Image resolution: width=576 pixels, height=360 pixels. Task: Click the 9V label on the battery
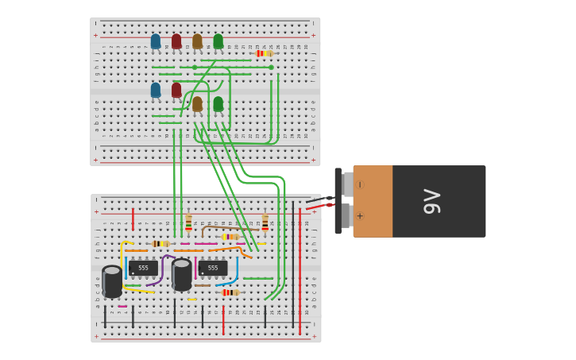[x=432, y=201]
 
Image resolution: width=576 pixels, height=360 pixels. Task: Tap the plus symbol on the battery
[x=360, y=216]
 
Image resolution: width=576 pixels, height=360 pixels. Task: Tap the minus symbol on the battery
[x=360, y=184]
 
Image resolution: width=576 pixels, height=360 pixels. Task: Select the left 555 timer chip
[x=142, y=268]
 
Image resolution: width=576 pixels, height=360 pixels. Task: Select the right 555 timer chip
[x=212, y=268]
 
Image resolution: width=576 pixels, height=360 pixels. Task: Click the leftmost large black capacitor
[x=112, y=281]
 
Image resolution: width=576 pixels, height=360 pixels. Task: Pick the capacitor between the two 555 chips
[x=182, y=274]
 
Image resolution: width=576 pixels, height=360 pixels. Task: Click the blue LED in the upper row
[x=156, y=41]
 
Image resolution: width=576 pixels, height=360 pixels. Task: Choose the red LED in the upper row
[x=176, y=41]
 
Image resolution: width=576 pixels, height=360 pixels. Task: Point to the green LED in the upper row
[x=218, y=41]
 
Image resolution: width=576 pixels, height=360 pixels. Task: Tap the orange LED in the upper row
[x=197, y=41]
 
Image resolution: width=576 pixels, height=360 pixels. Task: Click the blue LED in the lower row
[x=156, y=91]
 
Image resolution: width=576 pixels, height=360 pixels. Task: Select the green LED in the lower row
[x=218, y=104]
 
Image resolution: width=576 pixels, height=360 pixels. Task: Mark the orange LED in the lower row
[x=197, y=104]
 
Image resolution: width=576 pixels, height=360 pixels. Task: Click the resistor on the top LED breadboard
[x=264, y=53]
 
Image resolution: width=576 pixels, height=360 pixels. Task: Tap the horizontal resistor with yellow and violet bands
[x=230, y=237]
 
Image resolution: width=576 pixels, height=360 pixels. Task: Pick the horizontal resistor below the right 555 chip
[x=230, y=292]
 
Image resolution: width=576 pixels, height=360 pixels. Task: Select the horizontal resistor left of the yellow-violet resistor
[x=160, y=244]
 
